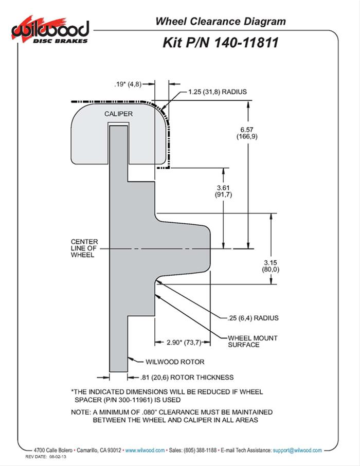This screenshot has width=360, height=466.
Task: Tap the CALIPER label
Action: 118,114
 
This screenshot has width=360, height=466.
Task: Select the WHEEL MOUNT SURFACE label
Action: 253,341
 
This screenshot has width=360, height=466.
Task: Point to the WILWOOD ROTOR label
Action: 175,362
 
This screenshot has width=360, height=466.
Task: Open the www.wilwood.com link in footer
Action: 145,450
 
